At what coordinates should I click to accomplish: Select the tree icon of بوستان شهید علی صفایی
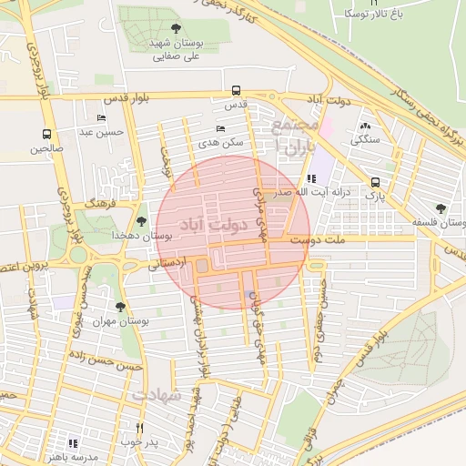[176, 29]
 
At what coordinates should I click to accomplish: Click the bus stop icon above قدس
[237, 90]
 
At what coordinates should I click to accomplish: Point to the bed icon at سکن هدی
[220, 128]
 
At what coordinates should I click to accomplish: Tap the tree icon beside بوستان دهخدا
[140, 220]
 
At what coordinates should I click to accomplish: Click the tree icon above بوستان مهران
[120, 307]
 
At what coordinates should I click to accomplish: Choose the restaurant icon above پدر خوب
[139, 427]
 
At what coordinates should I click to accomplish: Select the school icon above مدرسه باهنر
[73, 443]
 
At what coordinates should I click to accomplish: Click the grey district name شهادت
[158, 395]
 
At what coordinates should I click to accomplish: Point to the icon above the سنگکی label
[365, 126]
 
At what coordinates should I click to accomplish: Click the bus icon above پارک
[376, 181]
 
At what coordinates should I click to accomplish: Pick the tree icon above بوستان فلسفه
[441, 208]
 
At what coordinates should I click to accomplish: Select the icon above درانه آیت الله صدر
[312, 178]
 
